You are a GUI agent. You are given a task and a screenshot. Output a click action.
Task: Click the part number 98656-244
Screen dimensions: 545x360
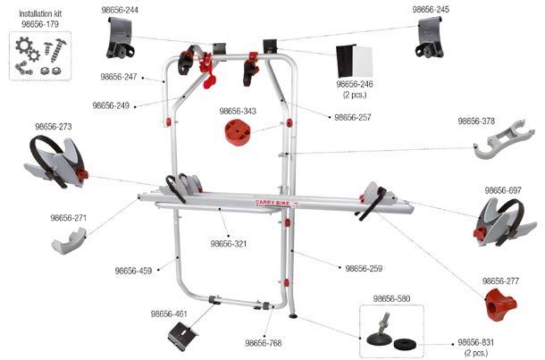(119, 9)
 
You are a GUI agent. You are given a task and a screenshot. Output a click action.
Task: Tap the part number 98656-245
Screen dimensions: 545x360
(431, 9)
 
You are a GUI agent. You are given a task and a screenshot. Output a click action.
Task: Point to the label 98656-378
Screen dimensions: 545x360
(476, 121)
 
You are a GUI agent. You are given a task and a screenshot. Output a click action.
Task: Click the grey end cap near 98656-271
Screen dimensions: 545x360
(68, 239)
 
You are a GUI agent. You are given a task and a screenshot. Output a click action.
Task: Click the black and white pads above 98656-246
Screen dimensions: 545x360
(354, 60)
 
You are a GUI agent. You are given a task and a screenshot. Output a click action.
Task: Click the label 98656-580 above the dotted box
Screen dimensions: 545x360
(390, 298)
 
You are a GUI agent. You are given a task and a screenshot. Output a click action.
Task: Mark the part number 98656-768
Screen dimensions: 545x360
(264, 342)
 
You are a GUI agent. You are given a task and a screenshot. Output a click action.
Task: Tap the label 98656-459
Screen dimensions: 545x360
(133, 270)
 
